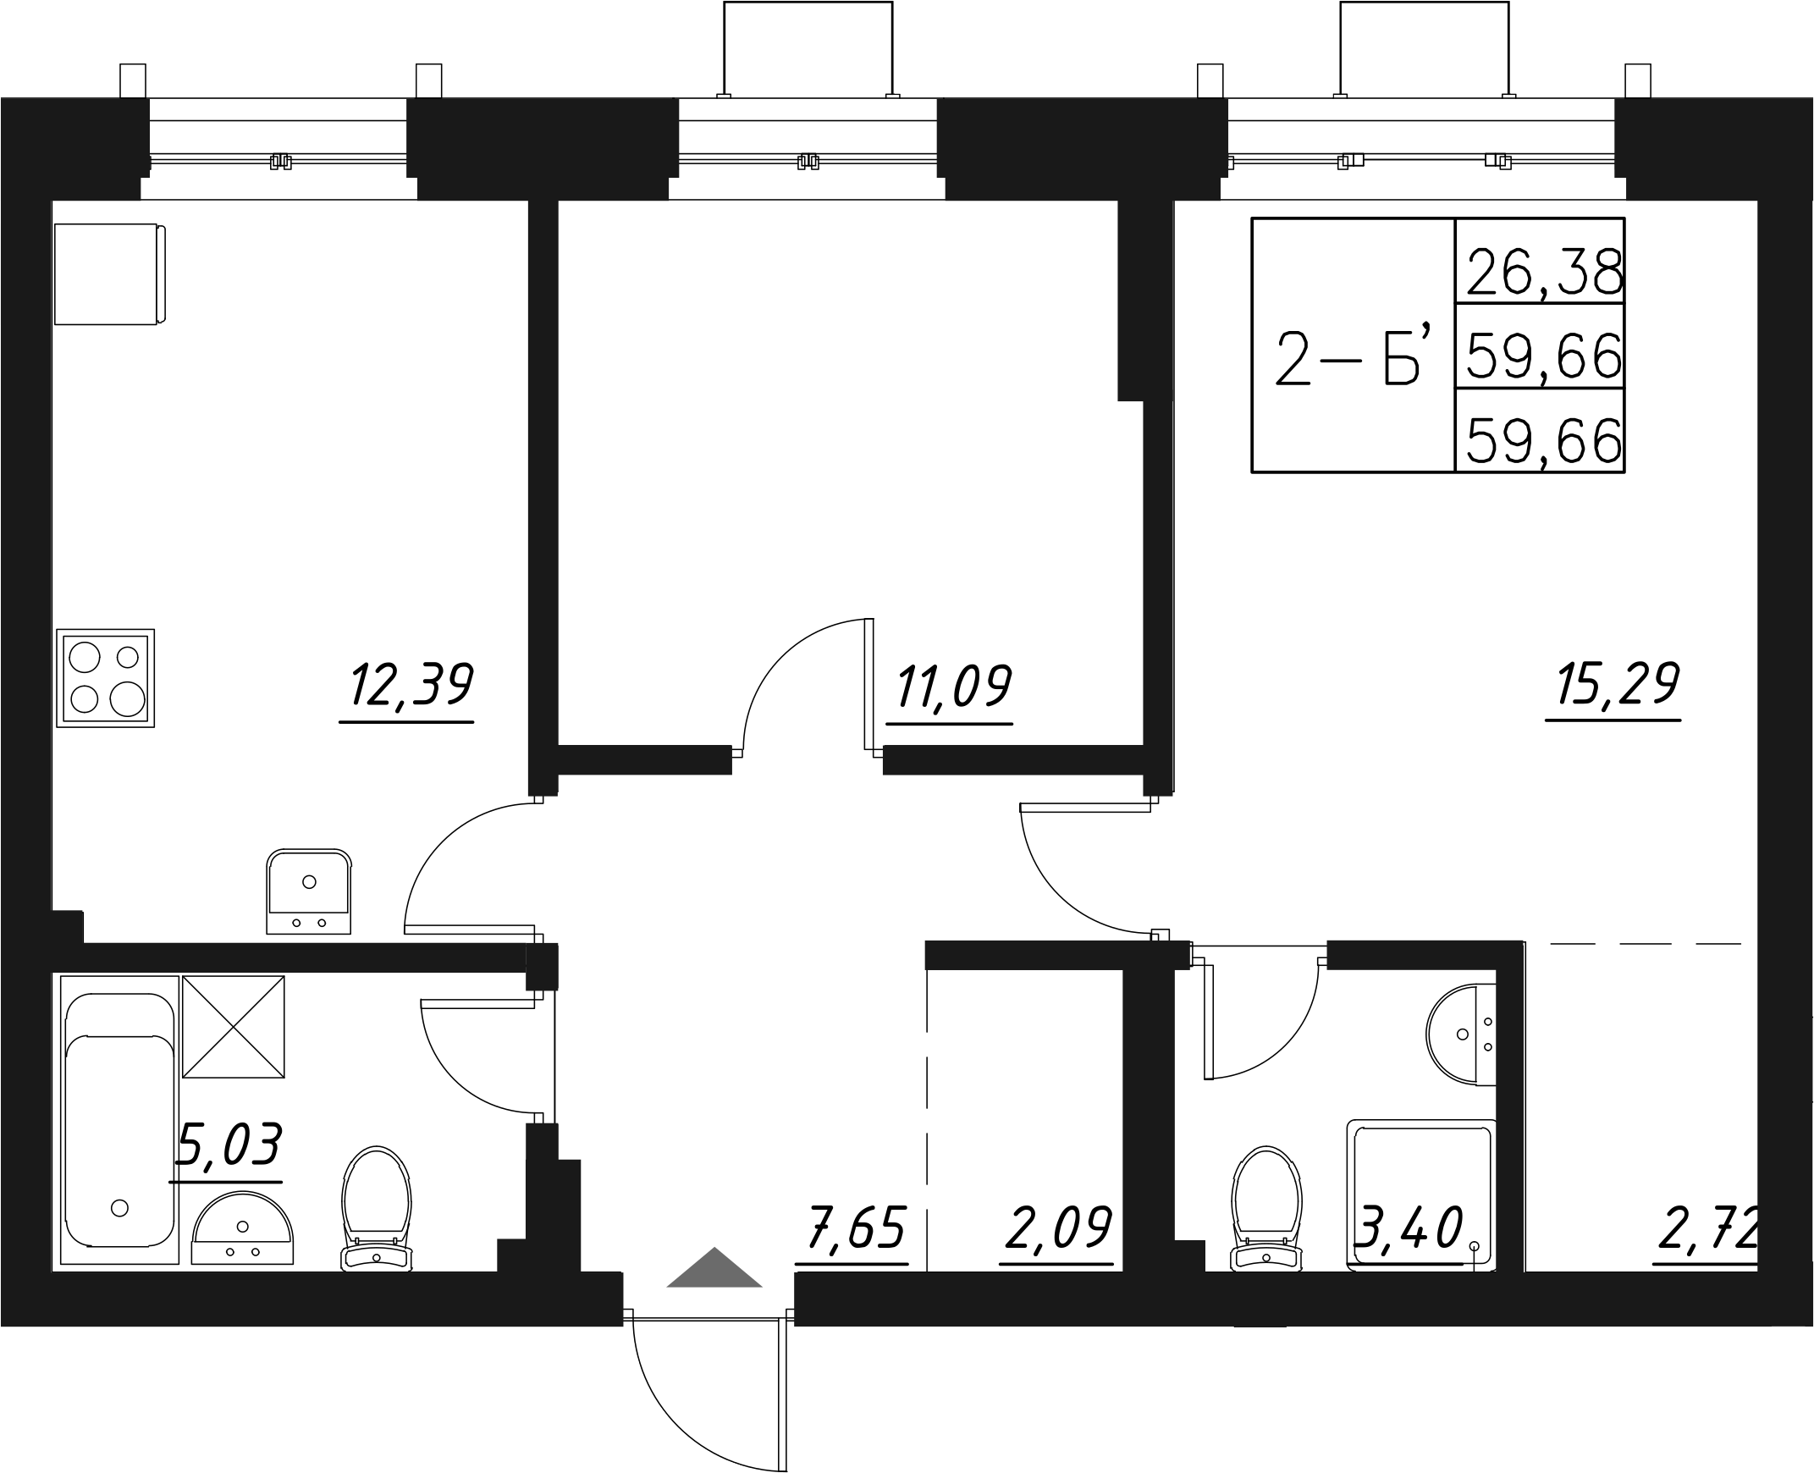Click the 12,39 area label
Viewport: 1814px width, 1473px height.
(411, 686)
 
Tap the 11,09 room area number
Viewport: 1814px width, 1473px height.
(954, 687)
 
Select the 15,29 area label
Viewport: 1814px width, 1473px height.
(1617, 684)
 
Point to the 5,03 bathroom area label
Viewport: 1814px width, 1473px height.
(228, 1145)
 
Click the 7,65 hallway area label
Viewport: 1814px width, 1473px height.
(855, 1228)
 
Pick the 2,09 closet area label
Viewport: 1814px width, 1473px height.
(1057, 1228)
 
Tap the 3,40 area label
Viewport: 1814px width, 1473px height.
(1410, 1228)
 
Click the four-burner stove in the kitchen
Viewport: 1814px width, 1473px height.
(105, 679)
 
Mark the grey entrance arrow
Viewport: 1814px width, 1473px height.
(714, 1268)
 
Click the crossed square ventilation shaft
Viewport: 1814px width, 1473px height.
(234, 1027)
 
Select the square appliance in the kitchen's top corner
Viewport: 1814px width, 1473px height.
(108, 274)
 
